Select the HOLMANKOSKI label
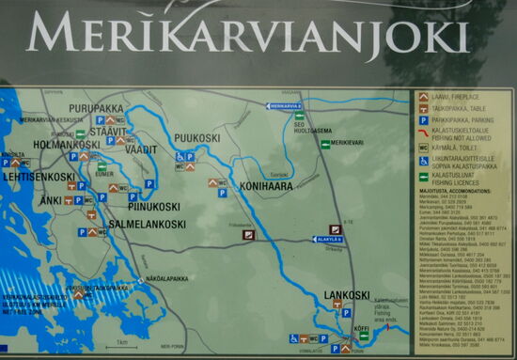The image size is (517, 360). [67, 145]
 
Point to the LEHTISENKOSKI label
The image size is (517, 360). [39, 176]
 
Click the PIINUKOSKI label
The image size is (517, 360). [153, 206]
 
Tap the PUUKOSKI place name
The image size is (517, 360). [196, 138]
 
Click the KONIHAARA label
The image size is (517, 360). [269, 186]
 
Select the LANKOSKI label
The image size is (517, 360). [347, 295]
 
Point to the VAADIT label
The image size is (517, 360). [141, 149]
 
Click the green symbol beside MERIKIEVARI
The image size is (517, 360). [324, 144]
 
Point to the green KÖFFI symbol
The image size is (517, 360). [364, 336]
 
